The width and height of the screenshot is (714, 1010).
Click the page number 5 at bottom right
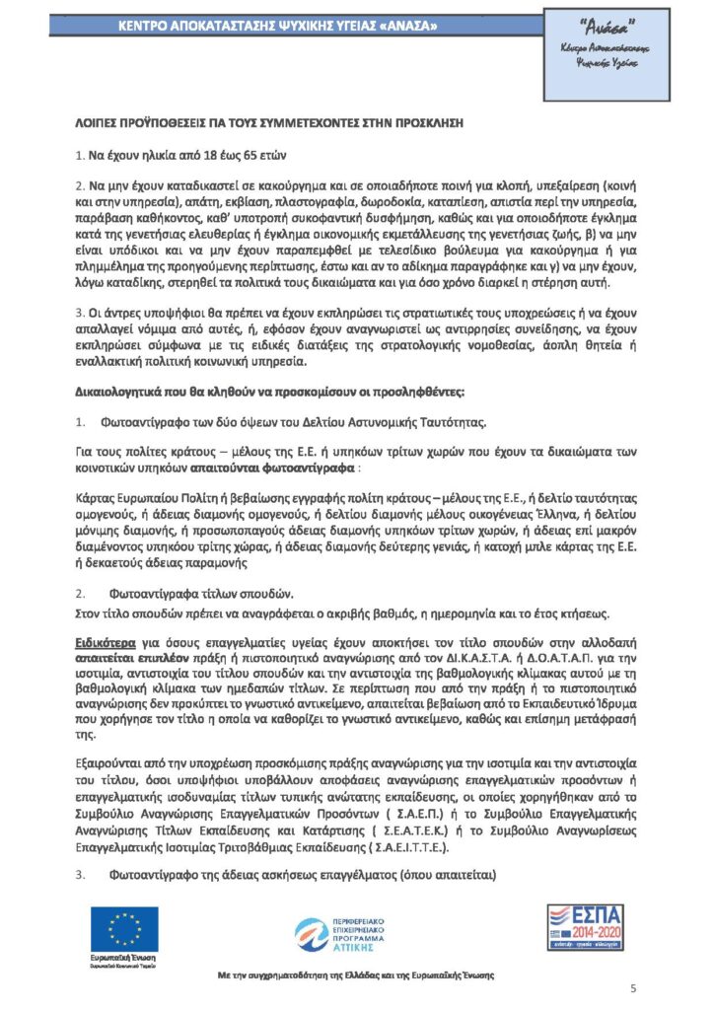633,988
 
